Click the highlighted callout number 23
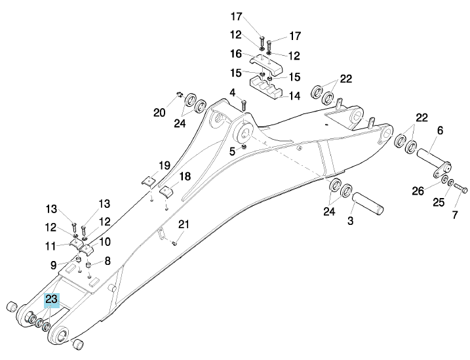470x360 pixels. (x=52, y=299)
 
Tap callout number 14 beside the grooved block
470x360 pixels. (x=294, y=96)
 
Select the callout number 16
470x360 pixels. (x=236, y=54)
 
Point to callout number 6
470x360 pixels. (x=440, y=130)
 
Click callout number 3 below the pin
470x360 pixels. (x=351, y=221)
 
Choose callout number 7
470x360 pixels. (x=455, y=214)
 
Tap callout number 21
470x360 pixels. (x=184, y=224)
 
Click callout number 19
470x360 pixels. (x=165, y=165)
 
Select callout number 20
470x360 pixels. (x=159, y=113)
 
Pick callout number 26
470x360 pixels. (x=418, y=191)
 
